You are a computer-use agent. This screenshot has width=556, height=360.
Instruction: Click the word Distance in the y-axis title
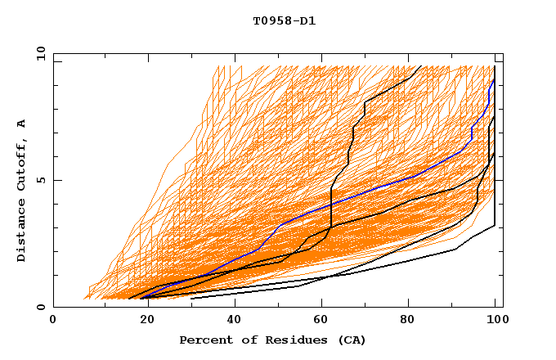(22, 232)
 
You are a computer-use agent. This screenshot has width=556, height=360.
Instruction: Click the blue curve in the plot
(343, 200)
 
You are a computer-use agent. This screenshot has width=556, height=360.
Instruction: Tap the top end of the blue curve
(494, 79)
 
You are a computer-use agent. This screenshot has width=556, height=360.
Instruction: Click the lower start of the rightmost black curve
(191, 299)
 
